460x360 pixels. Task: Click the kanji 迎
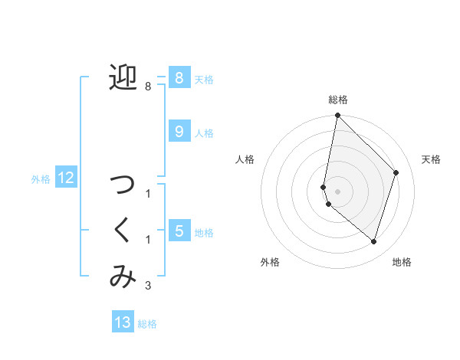pos(123,77)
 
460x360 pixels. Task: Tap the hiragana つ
pos(123,185)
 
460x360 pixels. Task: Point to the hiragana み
pos(123,277)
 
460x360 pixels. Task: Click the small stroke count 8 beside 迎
pos(147,87)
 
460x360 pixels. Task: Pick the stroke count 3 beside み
pos(147,286)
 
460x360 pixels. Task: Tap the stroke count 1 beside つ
pos(147,194)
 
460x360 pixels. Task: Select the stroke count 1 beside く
pos(147,240)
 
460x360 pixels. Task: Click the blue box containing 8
pos(178,78)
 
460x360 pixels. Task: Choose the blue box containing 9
pos(178,132)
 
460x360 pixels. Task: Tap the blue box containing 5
pos(178,231)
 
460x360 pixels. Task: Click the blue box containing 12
pos(65,178)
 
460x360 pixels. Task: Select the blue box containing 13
pos(123,322)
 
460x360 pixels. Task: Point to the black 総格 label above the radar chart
pos(338,100)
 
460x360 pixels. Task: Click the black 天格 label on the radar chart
pos(431,159)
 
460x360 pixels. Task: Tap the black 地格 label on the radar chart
pos(402,263)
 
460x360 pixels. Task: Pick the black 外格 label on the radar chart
pos(270,263)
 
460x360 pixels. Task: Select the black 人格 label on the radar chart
pos(245,159)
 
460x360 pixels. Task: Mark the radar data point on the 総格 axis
pos(337,116)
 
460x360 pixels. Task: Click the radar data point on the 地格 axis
pos(373,242)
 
